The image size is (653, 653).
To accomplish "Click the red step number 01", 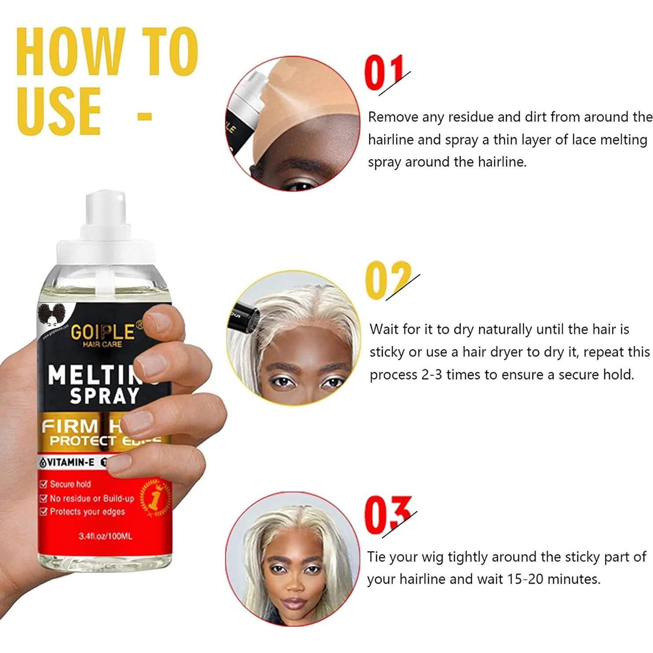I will (384, 73).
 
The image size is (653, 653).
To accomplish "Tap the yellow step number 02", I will (387, 280).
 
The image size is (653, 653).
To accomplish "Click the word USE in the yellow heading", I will (59, 111).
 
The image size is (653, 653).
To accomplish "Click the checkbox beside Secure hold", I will (43, 484).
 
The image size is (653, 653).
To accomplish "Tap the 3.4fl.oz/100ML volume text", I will (105, 536).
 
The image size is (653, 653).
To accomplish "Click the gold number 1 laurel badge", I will (154, 499).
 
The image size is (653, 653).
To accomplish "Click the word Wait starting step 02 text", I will (384, 330).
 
